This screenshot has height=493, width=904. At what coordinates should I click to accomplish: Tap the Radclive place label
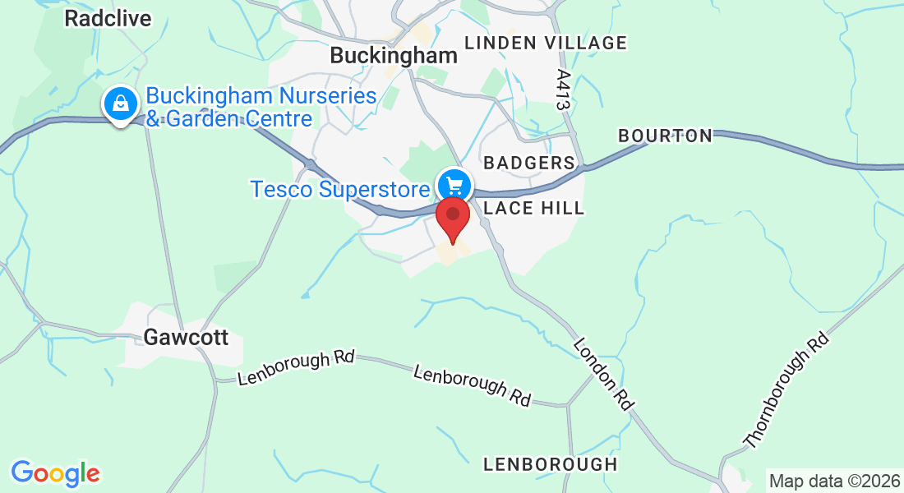click(x=108, y=19)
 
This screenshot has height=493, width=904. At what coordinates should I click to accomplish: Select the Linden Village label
click(x=545, y=43)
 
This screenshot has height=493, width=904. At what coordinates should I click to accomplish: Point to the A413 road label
click(x=563, y=89)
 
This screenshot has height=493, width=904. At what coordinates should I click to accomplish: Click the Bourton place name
click(x=665, y=136)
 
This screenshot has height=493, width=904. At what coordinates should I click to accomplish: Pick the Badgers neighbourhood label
click(x=528, y=163)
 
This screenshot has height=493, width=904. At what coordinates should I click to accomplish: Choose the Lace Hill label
click(x=533, y=208)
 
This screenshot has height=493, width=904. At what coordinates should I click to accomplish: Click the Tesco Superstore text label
click(x=340, y=189)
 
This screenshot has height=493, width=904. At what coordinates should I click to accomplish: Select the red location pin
click(x=452, y=216)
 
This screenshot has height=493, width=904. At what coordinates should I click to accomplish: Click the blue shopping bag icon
click(x=121, y=104)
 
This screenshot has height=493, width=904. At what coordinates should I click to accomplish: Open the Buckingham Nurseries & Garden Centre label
click(x=261, y=107)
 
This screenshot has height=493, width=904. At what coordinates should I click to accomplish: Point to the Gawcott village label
click(x=185, y=337)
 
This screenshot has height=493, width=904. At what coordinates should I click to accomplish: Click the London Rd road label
click(x=604, y=374)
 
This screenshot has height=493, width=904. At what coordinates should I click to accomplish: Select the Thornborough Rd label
click(x=785, y=390)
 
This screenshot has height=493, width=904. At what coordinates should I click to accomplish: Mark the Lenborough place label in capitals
click(x=550, y=464)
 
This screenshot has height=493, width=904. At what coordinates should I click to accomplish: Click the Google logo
click(x=55, y=473)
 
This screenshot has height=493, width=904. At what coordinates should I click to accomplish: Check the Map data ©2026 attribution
click(x=833, y=481)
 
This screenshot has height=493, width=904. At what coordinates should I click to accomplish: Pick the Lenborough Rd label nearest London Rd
click(x=472, y=385)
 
